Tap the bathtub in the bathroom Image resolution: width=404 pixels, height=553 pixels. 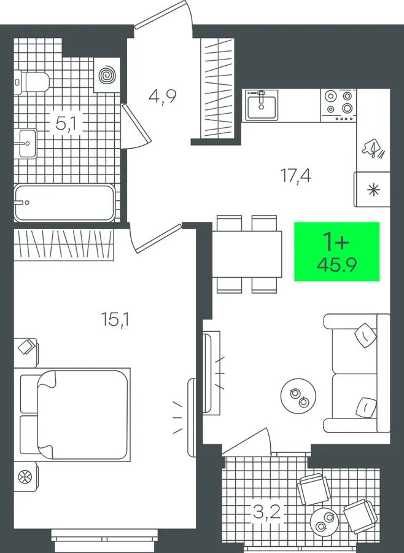coord(65,203)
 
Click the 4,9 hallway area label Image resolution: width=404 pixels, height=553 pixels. coord(162,96)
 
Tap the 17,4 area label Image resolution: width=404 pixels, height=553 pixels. coord(295,175)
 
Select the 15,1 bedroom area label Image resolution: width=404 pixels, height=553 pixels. coord(115,320)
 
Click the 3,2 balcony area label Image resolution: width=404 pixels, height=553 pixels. coord(267,511)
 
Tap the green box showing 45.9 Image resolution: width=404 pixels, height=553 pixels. coord(336,251)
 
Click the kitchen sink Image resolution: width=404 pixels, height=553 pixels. coord(261,104)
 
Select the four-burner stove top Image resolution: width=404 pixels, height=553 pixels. coord(338,104)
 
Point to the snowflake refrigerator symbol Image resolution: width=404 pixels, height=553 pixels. coord(373,189)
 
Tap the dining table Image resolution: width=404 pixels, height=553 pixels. coord(247,254)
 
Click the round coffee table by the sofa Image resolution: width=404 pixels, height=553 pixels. coord(298,396)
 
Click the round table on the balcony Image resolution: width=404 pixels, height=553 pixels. coord(324,521)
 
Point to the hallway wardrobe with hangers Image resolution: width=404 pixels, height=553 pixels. coord(217,87)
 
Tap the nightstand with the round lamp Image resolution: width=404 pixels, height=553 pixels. coord(25,477)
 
